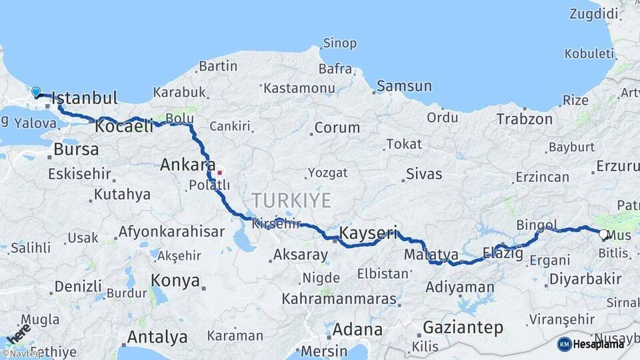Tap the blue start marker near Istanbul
click(36, 92)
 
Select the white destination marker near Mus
click(603, 234)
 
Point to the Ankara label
click(187, 165)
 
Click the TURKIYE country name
click(291, 200)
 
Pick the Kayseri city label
click(368, 233)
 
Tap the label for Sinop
click(339, 44)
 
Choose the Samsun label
click(404, 86)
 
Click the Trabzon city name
click(524, 119)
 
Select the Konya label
click(175, 281)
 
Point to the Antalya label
click(157, 337)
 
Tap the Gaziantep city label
click(463, 327)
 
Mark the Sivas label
click(423, 175)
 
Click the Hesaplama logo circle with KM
click(564, 344)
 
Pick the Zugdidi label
click(595, 14)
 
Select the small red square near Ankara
click(219, 173)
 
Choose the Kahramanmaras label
click(339, 299)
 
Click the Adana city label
click(357, 329)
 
